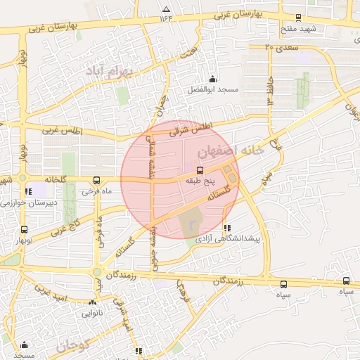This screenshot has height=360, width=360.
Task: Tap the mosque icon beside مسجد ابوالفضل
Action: click(212, 79)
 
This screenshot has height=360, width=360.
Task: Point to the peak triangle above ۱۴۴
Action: click(166, 9)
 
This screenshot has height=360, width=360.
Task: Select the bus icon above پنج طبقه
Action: click(200, 170)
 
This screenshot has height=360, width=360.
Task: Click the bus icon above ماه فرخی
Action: click(96, 180)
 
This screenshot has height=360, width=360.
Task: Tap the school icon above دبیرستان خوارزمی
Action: click(27, 191)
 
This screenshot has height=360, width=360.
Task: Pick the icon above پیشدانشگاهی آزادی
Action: click(226, 228)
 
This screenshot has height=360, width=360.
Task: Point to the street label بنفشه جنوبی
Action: click(153, 250)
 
